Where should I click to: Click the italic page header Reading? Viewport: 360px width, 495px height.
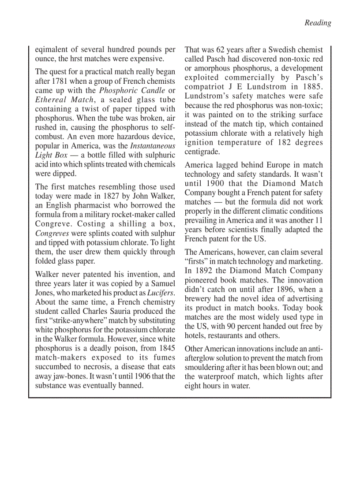pos(318,23)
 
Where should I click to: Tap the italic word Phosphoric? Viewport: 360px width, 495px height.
pos(117,90)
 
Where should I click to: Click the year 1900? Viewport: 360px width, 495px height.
pos(214,183)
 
